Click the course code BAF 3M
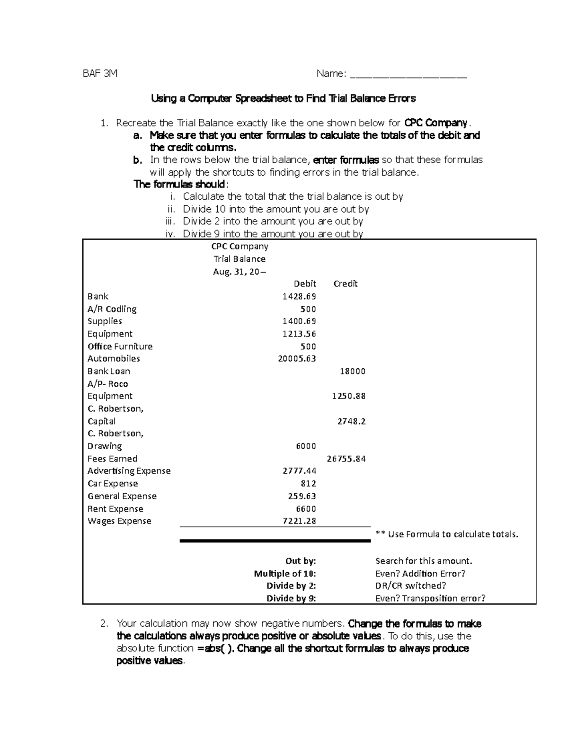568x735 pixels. pos(100,73)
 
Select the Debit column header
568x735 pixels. pos(304,283)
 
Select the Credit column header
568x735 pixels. pos(345,283)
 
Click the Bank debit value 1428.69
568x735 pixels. pos(299,296)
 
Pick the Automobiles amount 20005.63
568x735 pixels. pos(297,359)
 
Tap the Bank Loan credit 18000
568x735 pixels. pos(353,372)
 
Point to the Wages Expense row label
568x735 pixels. pos(119,521)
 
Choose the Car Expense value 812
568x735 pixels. pos(308,484)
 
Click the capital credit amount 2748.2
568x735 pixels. pos(351,421)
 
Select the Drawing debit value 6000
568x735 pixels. pos(306,446)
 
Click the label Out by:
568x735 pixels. pos(300,561)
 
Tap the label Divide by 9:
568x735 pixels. pos(291,598)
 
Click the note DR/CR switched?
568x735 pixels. pos(410,586)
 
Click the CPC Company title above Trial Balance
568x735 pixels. pos(240,247)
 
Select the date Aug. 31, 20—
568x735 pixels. pos(240,272)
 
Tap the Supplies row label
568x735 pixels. pos(105,321)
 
